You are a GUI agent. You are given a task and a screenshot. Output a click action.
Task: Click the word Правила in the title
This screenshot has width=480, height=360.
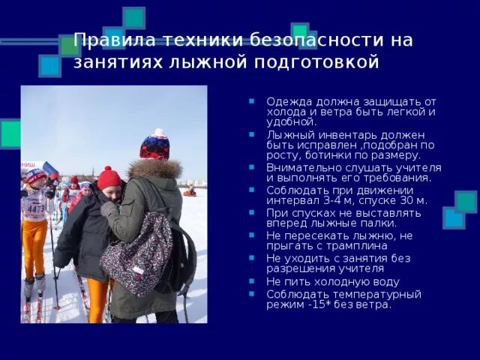point(110,40)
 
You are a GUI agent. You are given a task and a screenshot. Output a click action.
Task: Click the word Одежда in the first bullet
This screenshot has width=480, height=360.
point(286,101)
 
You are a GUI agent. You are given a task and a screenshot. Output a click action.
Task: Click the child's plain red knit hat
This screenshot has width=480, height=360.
point(109,178)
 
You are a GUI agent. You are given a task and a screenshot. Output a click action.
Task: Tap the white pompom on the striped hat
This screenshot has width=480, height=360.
point(158,133)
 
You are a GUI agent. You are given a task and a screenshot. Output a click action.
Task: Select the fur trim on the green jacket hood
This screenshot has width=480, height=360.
point(155,168)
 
